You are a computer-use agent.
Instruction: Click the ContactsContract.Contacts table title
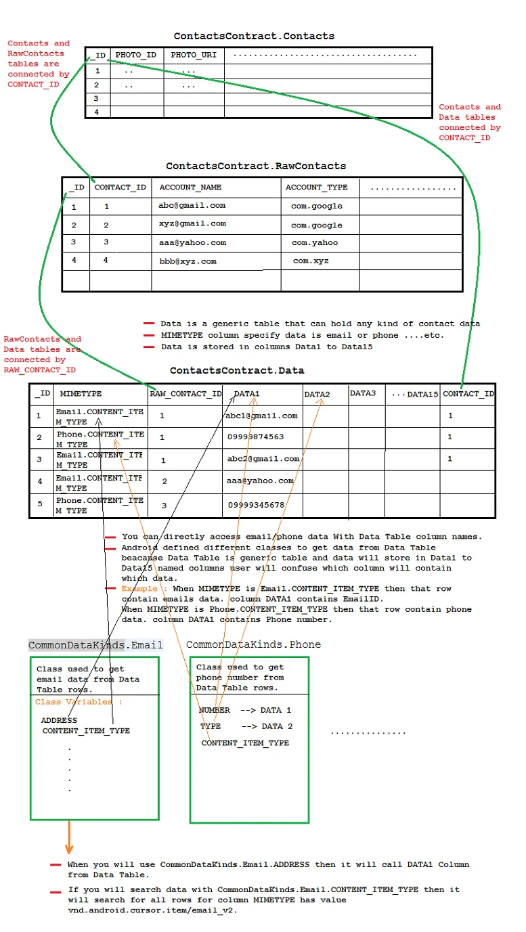coord(254,36)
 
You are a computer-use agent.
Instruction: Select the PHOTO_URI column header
coord(194,55)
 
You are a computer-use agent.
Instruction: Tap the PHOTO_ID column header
coord(136,55)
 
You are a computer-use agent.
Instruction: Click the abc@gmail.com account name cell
coord(192,206)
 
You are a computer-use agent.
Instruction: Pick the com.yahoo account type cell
coord(315,243)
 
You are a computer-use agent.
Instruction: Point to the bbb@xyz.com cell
coord(188,261)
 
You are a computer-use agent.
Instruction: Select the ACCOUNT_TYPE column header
coord(316,187)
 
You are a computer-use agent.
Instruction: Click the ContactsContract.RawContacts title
coord(256,166)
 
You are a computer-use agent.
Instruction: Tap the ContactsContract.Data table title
coord(237,370)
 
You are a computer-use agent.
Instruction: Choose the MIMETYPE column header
coord(81,393)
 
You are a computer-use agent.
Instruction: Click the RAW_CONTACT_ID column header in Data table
coord(185,393)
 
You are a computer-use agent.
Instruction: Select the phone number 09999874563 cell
coord(256,437)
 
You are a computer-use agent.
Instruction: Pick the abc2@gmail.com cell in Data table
coord(263,459)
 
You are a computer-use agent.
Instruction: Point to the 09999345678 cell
coord(256,505)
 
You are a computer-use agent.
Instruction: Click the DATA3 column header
coord(363,393)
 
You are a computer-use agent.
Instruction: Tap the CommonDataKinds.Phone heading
coord(253,644)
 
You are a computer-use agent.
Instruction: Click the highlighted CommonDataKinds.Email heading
coord(95,645)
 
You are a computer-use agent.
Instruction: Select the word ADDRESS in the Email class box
coord(59,720)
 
